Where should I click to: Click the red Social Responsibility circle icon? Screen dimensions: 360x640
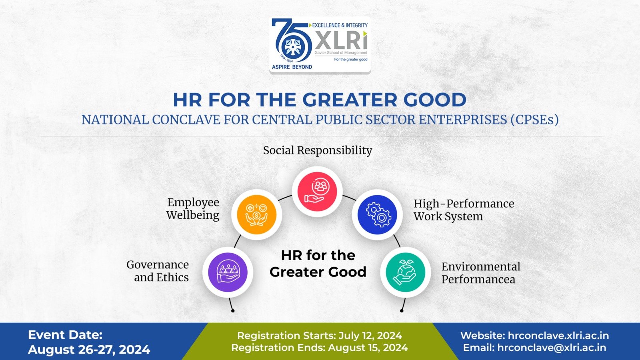317,192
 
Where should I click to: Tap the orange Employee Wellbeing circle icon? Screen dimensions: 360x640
257,214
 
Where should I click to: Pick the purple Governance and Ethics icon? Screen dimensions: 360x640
228,272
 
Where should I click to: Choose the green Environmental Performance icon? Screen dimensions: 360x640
405,272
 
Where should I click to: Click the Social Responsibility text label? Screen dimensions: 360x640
318,150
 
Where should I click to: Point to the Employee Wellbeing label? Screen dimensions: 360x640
193,208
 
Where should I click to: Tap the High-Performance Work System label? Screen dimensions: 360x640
464,210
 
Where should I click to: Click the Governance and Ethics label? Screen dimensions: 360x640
158,271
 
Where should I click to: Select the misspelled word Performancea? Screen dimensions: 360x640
478,279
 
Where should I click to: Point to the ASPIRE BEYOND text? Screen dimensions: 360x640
292,67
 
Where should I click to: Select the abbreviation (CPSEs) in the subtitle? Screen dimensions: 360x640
534,120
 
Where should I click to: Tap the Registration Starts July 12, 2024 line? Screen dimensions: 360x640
320,336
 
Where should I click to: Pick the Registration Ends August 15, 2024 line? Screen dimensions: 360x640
320,348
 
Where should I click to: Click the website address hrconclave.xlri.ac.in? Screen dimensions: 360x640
558,336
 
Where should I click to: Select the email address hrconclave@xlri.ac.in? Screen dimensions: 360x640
552,348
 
